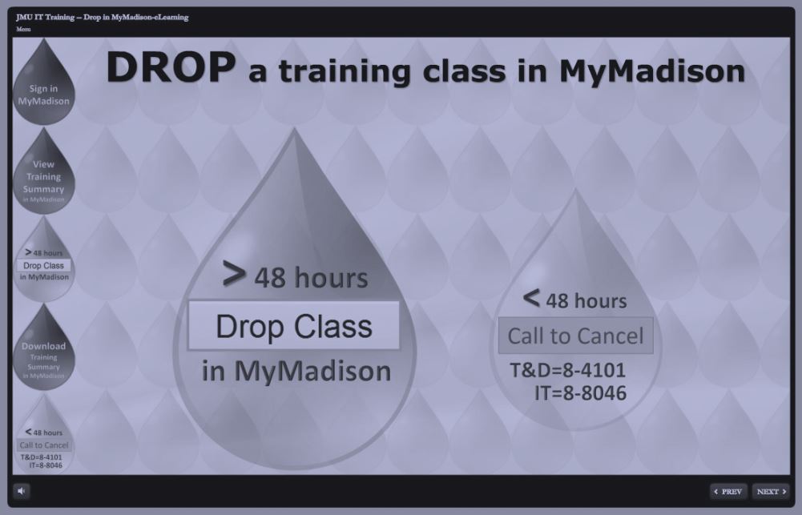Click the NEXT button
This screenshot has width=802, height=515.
[771, 492]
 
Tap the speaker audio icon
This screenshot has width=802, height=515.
[22, 491]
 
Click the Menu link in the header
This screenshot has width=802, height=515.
[23, 29]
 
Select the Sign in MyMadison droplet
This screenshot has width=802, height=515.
[44, 82]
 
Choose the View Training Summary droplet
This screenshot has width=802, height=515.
[44, 171]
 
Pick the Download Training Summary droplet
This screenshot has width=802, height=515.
[44, 348]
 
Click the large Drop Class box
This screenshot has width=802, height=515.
[294, 326]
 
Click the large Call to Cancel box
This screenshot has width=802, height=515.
[576, 336]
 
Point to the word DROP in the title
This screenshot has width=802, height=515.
[171, 67]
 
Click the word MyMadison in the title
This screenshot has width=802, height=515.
[652, 70]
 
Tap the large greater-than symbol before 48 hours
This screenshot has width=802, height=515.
[234, 274]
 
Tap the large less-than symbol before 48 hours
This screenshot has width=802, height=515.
[531, 298]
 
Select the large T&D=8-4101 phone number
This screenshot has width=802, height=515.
[568, 370]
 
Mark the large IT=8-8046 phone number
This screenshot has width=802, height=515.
[581, 392]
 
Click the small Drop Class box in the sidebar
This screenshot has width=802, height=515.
[43, 265]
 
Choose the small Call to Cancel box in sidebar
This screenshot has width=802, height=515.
[44, 445]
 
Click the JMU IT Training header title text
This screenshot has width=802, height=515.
[103, 18]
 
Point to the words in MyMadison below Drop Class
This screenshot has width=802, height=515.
[296, 371]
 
